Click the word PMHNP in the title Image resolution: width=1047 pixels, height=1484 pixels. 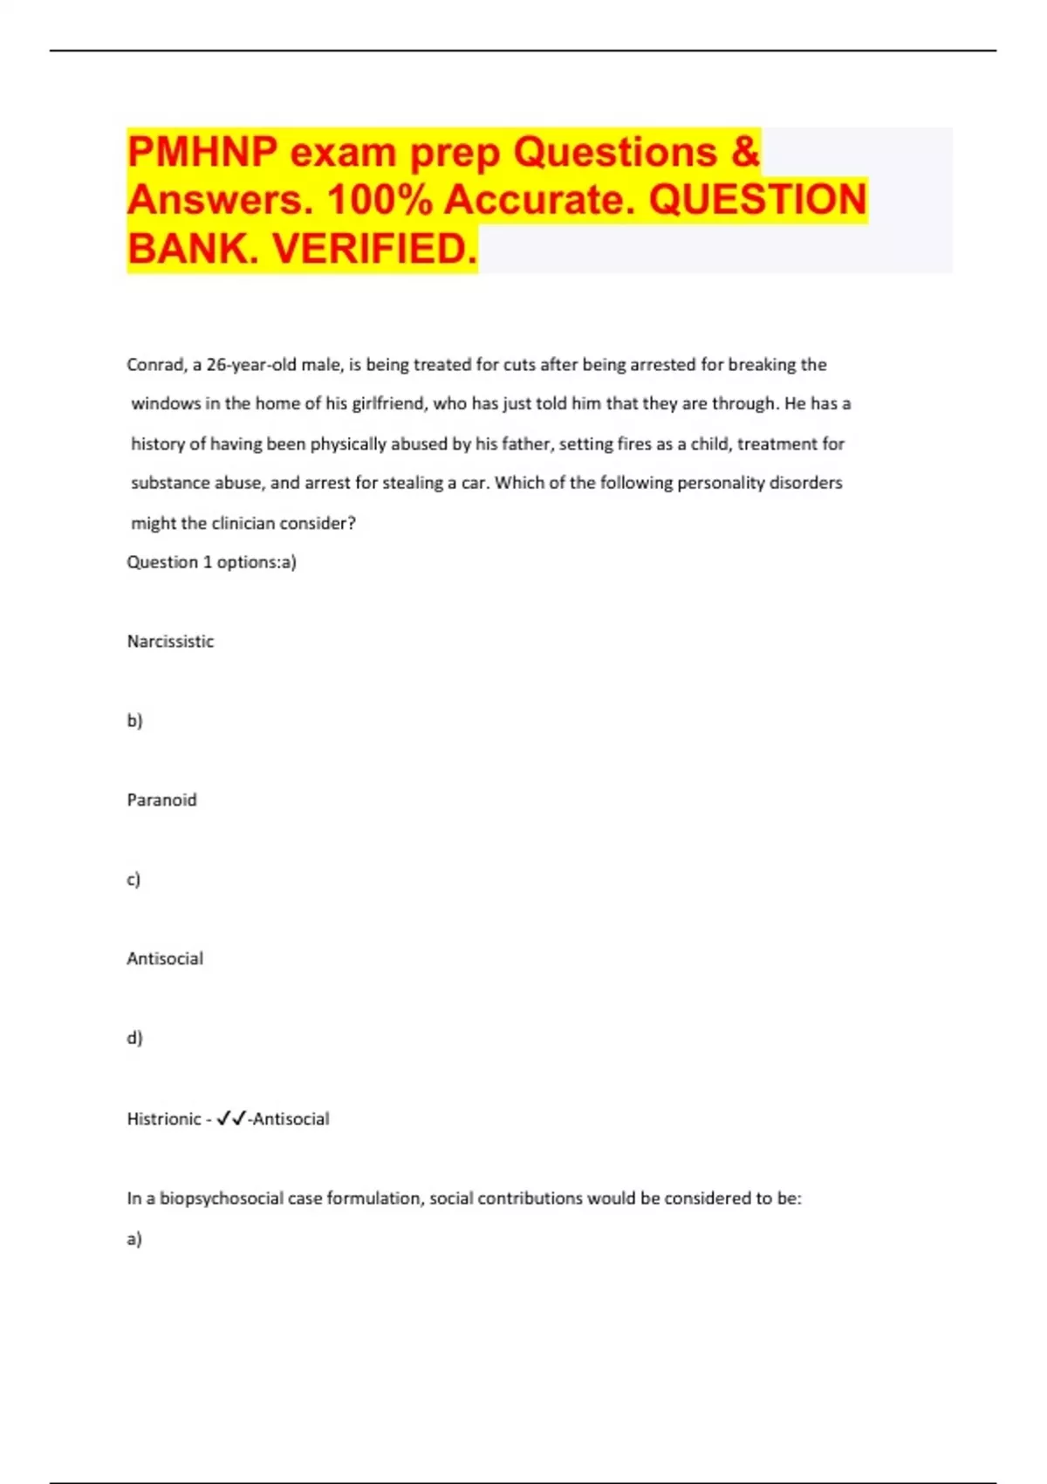tap(202, 152)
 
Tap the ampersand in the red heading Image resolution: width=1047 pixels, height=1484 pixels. tap(745, 152)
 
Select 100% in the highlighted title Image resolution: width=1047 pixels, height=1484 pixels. tap(380, 200)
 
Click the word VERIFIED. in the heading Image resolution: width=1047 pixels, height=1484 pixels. tap(375, 249)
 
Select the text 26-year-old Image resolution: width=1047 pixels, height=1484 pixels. tap(251, 365)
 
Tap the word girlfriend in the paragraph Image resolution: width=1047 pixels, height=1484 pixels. tap(387, 404)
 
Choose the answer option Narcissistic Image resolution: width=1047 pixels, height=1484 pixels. tap(170, 642)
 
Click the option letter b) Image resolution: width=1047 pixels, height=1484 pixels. tap(134, 721)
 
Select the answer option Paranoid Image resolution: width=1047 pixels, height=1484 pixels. tap(161, 800)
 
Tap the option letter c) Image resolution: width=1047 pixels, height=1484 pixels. tap(133, 880)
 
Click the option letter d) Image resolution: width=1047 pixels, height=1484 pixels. tap(134, 1038)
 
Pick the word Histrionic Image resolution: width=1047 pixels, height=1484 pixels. tap(164, 1119)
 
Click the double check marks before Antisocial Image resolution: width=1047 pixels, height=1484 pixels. tap(231, 1118)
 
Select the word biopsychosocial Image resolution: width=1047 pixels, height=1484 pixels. tap(222, 1199)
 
